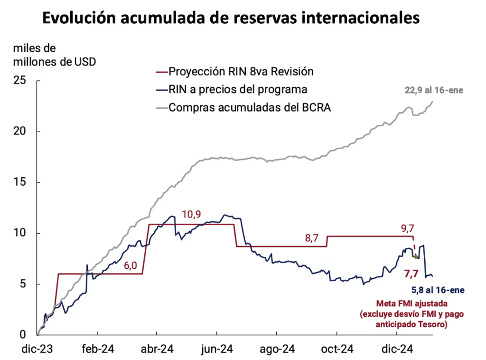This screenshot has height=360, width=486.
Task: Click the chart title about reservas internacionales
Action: click(231, 19)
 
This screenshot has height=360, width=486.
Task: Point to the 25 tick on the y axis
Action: click(19, 80)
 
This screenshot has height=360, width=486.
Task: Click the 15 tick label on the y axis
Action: click(19, 182)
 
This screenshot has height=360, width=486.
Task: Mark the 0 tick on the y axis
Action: click(22, 335)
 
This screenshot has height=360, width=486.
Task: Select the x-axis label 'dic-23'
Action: click(37, 350)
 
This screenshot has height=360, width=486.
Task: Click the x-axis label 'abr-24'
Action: click(157, 350)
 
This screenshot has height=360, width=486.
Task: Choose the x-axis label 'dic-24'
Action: click(397, 350)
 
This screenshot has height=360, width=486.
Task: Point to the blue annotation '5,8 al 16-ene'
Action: click(436, 291)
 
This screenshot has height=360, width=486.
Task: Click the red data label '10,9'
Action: click(191, 214)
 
